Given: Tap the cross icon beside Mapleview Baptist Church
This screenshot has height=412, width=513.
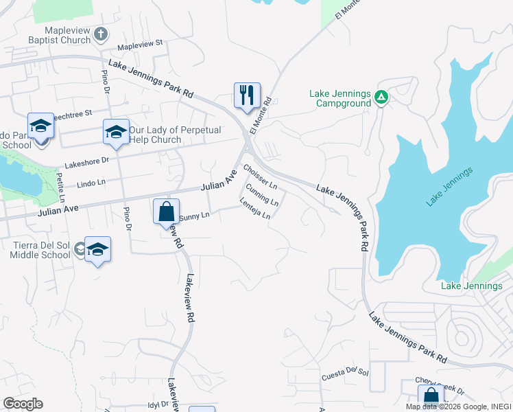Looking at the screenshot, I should click(101, 34).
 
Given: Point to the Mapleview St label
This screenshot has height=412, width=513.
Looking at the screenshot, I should click(139, 43).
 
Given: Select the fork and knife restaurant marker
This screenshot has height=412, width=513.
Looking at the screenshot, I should click(247, 95).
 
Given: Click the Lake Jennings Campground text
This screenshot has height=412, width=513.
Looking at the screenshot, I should click(339, 99).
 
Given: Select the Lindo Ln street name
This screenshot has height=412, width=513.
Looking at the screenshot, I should click(91, 183).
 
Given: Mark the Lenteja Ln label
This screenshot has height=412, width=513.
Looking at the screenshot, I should click(255, 209).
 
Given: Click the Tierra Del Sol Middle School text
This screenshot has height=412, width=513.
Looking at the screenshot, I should click(40, 250).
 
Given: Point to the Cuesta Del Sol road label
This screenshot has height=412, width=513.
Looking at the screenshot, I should click(345, 375).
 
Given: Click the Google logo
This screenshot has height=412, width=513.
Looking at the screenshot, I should click(23, 404).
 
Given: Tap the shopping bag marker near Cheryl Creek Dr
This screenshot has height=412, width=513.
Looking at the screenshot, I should click(431, 396).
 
